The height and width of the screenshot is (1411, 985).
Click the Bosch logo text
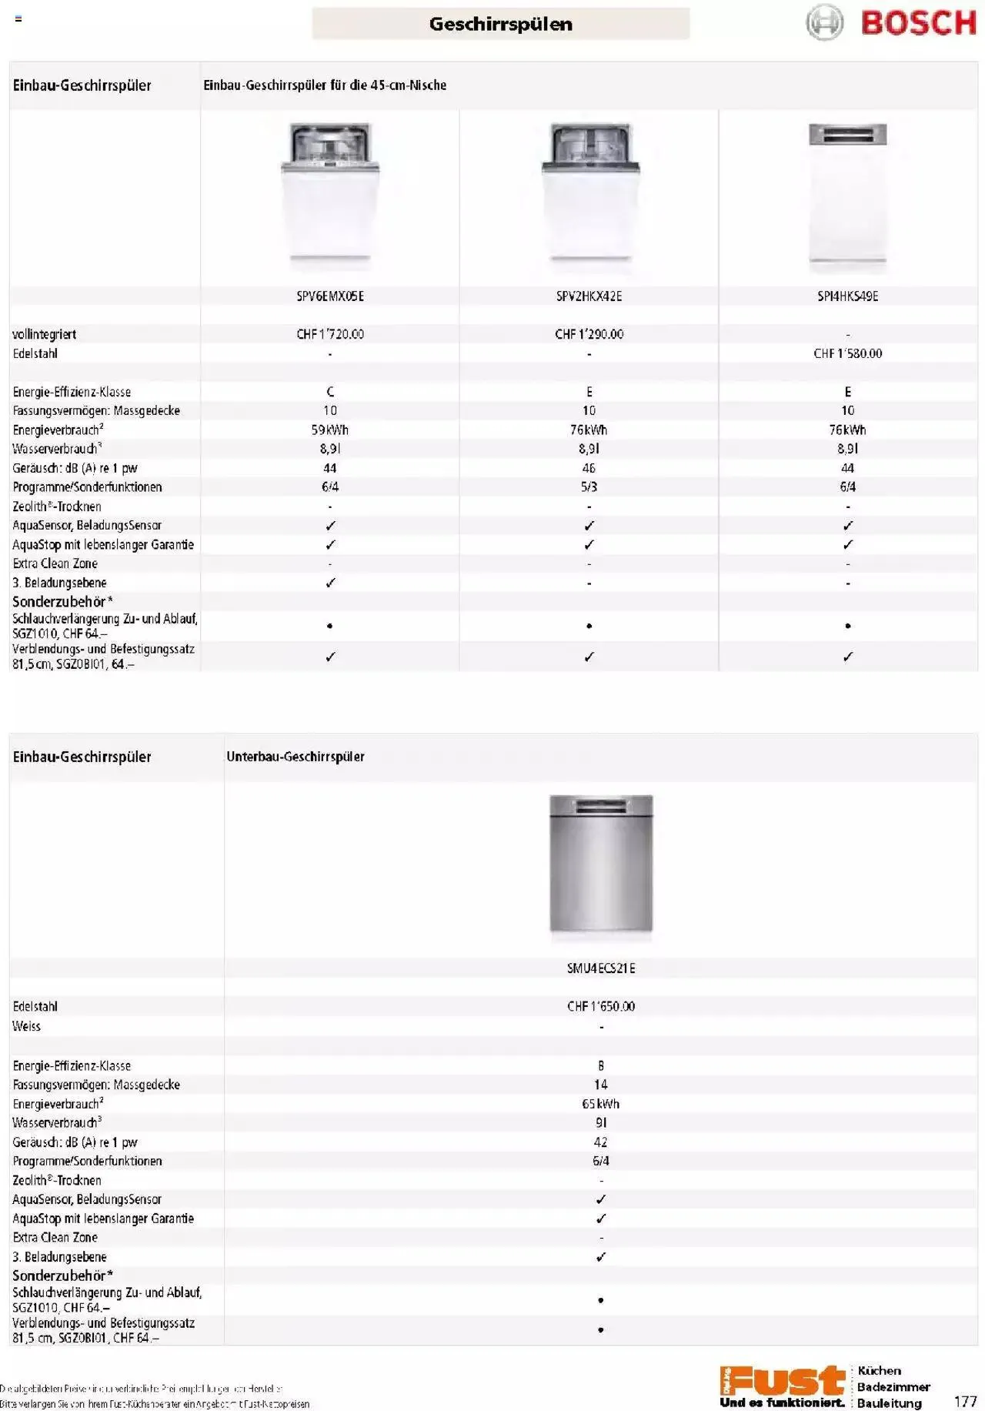pyautogui.click(x=918, y=23)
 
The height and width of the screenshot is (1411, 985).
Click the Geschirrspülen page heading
pyautogui.click(x=500, y=24)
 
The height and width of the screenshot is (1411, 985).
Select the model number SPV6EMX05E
pyautogui.click(x=330, y=296)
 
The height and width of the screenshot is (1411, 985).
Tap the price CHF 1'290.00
pyautogui.click(x=589, y=334)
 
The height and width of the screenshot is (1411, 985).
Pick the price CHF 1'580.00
pyautogui.click(x=847, y=353)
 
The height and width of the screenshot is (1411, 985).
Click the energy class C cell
pyautogui.click(x=330, y=392)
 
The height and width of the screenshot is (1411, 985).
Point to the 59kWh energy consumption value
pyautogui.click(x=330, y=430)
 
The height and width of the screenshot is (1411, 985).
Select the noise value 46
pyautogui.click(x=589, y=468)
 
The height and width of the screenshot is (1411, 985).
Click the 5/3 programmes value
pyautogui.click(x=589, y=486)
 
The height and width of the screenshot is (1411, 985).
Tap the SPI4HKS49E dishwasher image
pyautogui.click(x=847, y=197)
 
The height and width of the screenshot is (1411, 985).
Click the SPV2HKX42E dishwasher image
pyautogui.click(x=589, y=197)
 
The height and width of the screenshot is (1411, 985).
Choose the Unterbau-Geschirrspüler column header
pyautogui.click(x=295, y=757)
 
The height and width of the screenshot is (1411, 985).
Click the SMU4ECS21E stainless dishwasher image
pyautogui.click(x=601, y=865)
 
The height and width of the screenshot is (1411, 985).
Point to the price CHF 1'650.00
pyautogui.click(x=601, y=1006)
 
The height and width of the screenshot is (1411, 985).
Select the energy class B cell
pyautogui.click(x=601, y=1065)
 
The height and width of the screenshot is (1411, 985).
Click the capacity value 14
pyautogui.click(x=601, y=1085)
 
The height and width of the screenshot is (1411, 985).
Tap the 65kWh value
pyautogui.click(x=601, y=1104)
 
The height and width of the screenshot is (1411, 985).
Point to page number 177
pyautogui.click(x=965, y=1402)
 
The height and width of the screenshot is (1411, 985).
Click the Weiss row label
pyautogui.click(x=26, y=1026)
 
